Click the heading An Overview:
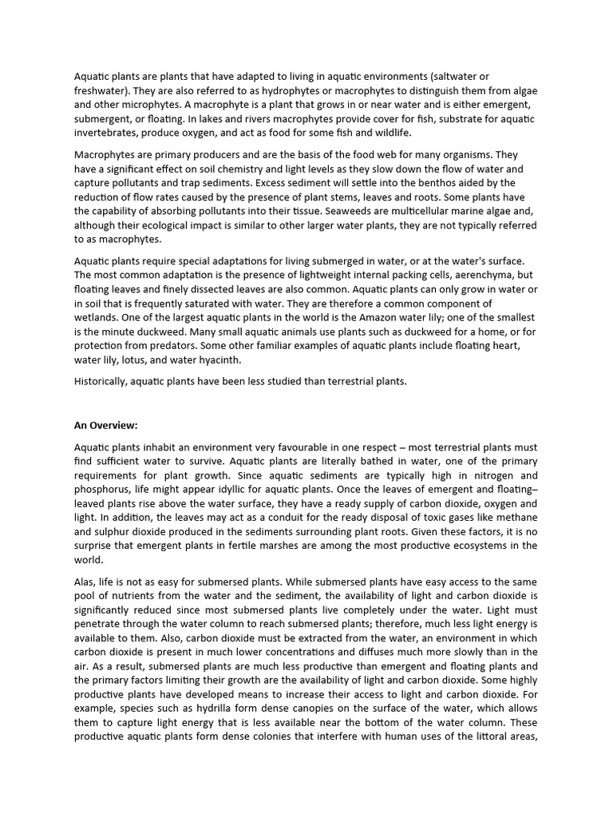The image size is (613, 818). [x=105, y=424]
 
